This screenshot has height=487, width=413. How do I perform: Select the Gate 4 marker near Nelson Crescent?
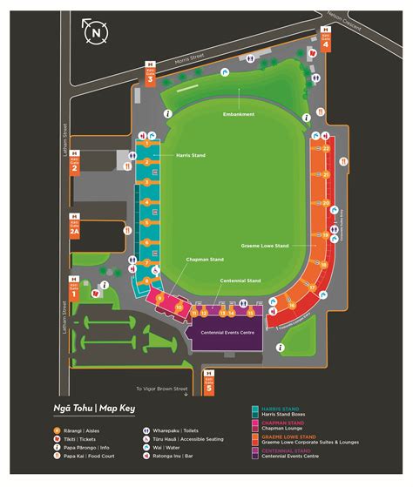(325, 42)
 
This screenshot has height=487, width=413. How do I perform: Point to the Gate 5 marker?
(207, 378)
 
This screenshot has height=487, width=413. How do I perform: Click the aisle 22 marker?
(326, 149)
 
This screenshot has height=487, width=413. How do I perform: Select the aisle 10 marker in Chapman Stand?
(179, 308)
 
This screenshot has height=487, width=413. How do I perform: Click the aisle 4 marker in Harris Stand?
(147, 202)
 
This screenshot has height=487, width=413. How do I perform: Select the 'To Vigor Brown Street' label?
(163, 388)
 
